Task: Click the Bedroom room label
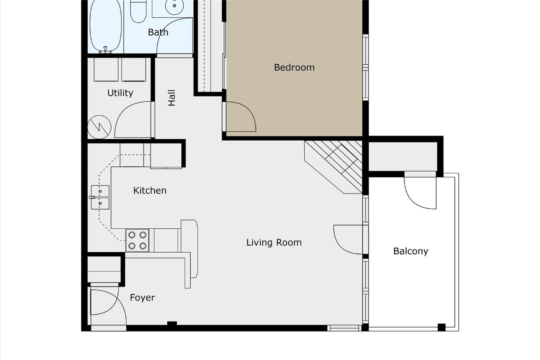click(x=294, y=67)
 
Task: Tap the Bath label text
click(x=158, y=32)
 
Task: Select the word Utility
click(x=120, y=93)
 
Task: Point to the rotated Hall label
click(x=172, y=98)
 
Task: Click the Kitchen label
click(x=150, y=190)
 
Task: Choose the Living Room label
click(x=274, y=242)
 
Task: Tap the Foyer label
click(x=142, y=298)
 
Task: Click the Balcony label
click(x=410, y=251)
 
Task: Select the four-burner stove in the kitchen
click(x=137, y=240)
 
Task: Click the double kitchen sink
click(x=100, y=197)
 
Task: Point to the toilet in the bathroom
click(x=138, y=12)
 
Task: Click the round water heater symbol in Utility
click(x=99, y=127)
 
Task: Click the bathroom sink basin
click(x=174, y=6)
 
